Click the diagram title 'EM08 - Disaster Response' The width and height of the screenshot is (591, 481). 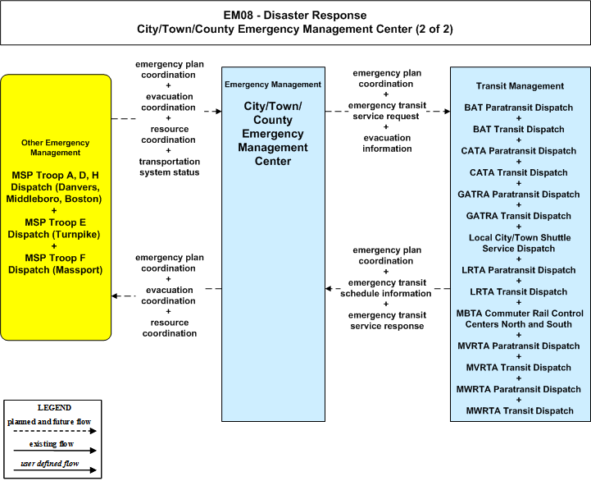295,15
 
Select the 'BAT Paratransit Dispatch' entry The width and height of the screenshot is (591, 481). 519,108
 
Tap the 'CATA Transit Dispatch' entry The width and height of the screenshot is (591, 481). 519,172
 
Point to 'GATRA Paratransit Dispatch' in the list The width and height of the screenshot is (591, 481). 519,195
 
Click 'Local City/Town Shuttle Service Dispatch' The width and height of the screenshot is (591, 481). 520,243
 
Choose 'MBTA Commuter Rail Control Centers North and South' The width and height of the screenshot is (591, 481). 520,318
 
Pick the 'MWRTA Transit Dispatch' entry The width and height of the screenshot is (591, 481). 520,410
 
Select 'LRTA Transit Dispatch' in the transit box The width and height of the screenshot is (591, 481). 519,292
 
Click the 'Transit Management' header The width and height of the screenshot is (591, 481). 520,86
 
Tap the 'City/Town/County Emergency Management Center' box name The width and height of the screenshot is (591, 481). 273,134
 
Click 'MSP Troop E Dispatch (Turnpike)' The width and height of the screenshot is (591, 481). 54,228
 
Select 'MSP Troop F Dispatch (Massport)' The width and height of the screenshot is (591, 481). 55,264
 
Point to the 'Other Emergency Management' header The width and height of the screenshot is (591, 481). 56,148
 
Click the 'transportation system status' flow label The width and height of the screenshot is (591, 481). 170,167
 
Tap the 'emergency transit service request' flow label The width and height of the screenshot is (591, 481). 387,111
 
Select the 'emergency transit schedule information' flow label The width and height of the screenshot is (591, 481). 386,288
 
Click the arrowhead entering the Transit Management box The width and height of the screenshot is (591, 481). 448,112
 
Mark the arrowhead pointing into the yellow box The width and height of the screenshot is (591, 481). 115,296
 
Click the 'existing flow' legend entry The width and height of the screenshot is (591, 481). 52,444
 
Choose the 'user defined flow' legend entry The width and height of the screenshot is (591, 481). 50,464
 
